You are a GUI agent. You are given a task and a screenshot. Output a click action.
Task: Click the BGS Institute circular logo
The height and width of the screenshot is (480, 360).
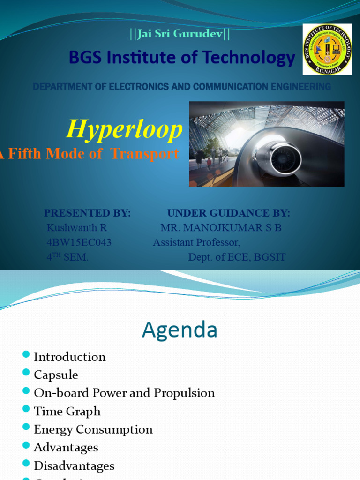click(327, 50)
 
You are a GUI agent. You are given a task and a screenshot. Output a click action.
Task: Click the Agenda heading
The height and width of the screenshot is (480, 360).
click(180, 330)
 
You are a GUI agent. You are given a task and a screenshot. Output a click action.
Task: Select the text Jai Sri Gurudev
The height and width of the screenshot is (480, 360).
click(180, 34)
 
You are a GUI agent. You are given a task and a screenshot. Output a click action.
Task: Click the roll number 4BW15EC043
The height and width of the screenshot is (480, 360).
click(79, 242)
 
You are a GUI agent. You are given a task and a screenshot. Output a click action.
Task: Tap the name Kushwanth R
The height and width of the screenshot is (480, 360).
click(77, 228)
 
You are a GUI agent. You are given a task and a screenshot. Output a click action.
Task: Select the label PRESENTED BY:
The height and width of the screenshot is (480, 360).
click(87, 213)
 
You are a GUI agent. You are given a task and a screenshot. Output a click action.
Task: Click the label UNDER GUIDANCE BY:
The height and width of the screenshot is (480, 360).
click(229, 213)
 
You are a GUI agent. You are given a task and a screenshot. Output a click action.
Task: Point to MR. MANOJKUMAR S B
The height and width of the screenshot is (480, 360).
click(221, 228)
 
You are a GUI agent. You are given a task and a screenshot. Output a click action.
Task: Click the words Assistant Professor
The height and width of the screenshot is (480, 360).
click(196, 242)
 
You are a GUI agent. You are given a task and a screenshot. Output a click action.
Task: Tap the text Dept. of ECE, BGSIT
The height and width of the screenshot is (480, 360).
click(237, 257)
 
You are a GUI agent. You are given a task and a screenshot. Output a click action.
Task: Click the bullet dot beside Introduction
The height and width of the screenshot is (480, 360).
click(26, 355)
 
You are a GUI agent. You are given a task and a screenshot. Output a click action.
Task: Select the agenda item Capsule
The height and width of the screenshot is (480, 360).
click(56, 375)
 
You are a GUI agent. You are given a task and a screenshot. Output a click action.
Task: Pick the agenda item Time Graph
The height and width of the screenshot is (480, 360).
click(67, 411)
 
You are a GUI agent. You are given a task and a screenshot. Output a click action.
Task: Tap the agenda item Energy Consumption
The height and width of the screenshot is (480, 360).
click(93, 429)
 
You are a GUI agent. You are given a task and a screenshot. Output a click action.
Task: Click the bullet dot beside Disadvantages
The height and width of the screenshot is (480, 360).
click(26, 464)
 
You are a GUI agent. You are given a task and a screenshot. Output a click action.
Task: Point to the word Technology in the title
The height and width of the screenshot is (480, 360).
click(252, 58)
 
